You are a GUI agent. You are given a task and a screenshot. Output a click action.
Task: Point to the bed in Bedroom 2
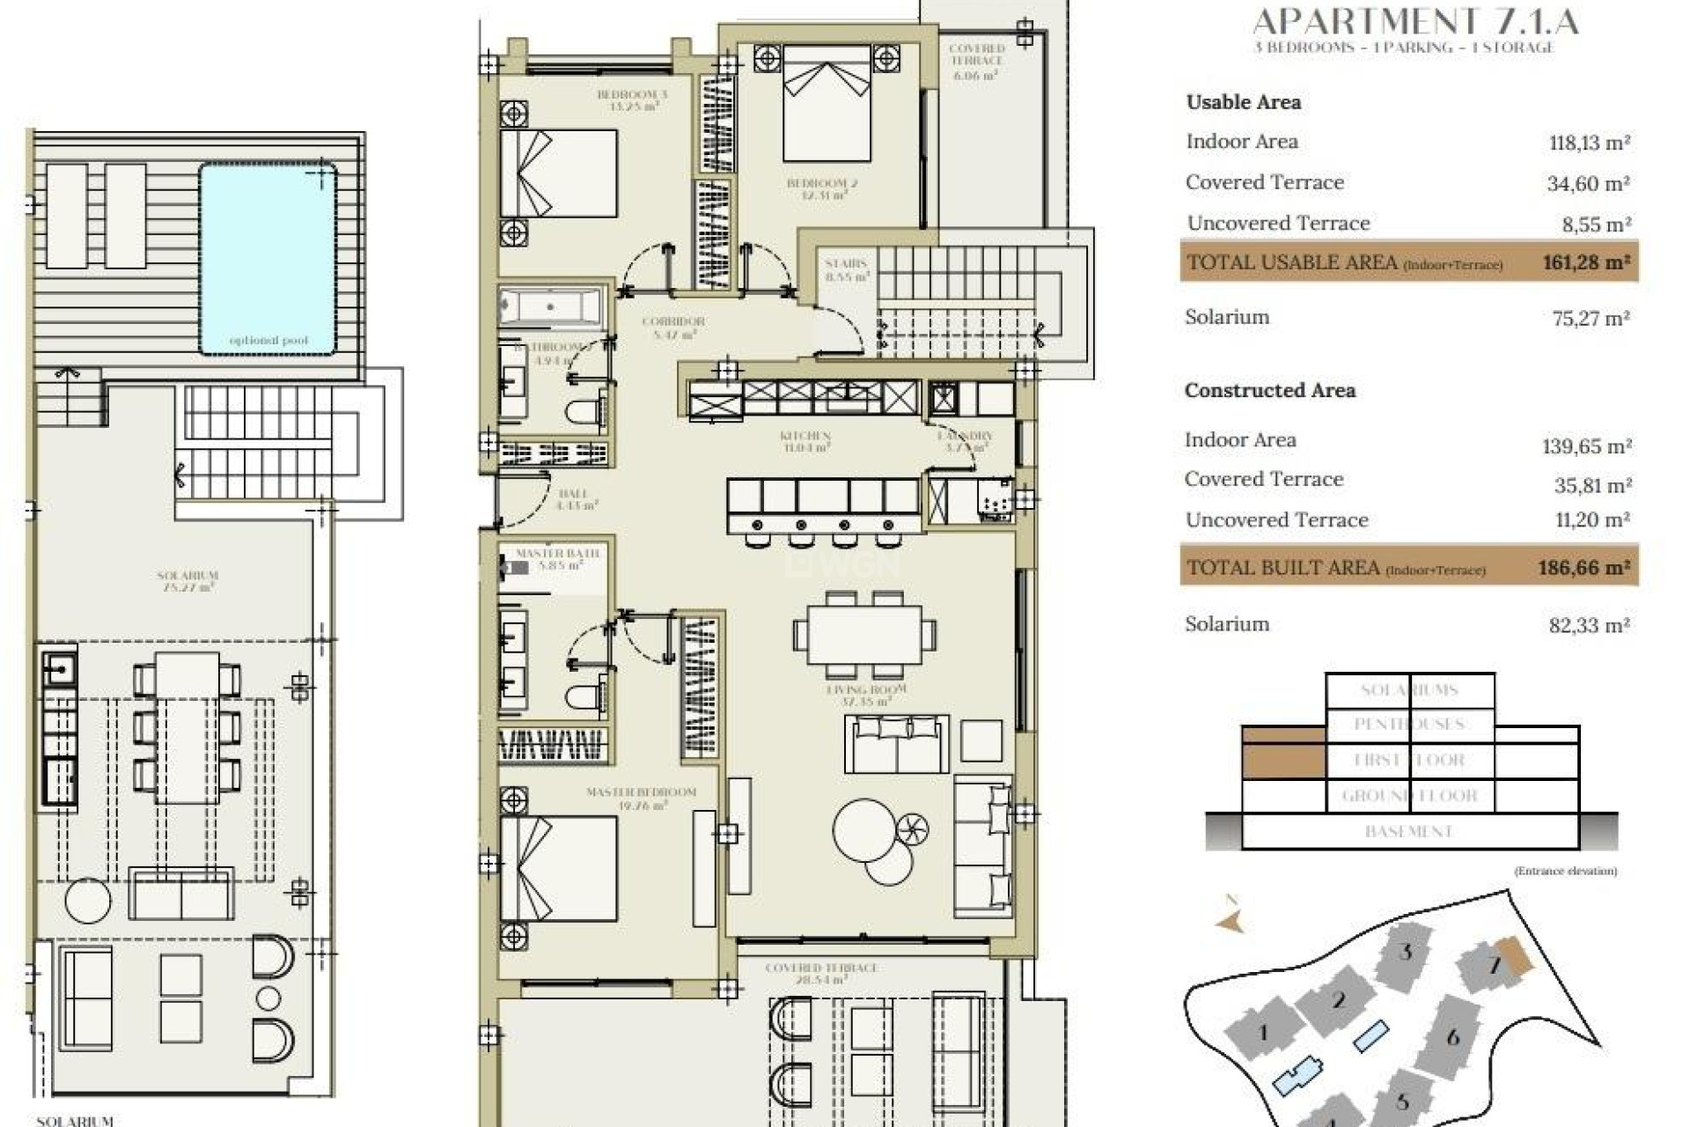[x=827, y=104]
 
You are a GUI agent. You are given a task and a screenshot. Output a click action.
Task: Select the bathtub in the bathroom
[x=551, y=307]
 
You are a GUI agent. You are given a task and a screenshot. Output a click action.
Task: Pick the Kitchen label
[x=805, y=440]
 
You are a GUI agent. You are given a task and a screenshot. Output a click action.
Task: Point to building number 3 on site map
[x=1405, y=952]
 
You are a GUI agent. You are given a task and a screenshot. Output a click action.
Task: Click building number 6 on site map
[x=1453, y=1037]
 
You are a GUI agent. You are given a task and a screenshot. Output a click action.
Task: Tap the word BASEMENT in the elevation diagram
[x=1408, y=832]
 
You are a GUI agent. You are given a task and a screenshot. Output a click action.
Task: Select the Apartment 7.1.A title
[x=1415, y=21]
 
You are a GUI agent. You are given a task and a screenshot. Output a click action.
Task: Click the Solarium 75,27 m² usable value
[x=1590, y=319]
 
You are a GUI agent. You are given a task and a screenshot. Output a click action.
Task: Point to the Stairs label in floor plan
[x=846, y=269]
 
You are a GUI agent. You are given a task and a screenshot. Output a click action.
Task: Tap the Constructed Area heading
[x=1269, y=391]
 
